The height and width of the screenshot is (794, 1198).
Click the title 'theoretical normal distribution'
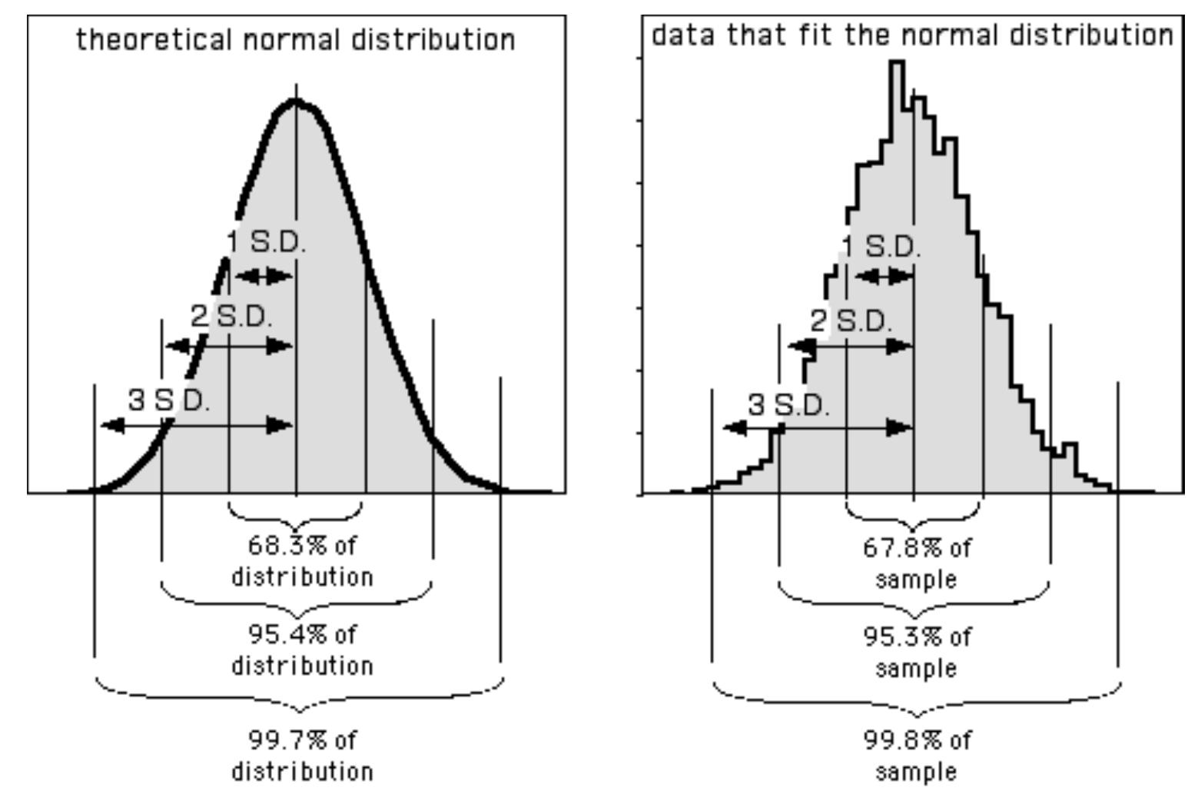296,39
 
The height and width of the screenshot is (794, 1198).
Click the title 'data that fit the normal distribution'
912,35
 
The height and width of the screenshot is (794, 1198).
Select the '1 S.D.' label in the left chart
267,243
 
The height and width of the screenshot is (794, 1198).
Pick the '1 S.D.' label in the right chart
881,246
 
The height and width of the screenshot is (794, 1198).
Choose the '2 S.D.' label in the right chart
851,321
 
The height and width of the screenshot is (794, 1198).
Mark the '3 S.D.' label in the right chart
789,404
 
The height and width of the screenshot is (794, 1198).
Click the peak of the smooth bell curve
296,101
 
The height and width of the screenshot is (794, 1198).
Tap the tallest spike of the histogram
897,63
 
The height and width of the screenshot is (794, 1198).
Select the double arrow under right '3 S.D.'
818,427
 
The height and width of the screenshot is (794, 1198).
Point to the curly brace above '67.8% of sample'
914,518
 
